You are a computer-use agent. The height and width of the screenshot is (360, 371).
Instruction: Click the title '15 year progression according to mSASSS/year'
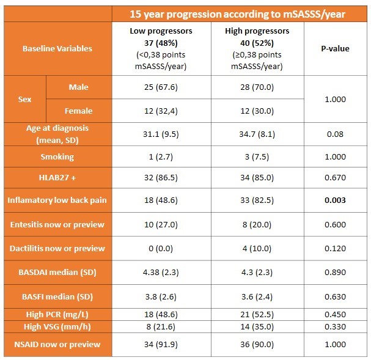240,13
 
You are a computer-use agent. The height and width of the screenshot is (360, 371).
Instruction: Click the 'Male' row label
78,87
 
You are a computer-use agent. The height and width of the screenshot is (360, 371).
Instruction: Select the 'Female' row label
78,111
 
